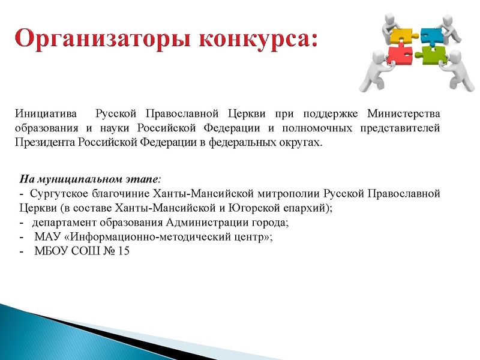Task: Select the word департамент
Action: [x=64, y=223]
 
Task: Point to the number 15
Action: [x=124, y=251]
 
